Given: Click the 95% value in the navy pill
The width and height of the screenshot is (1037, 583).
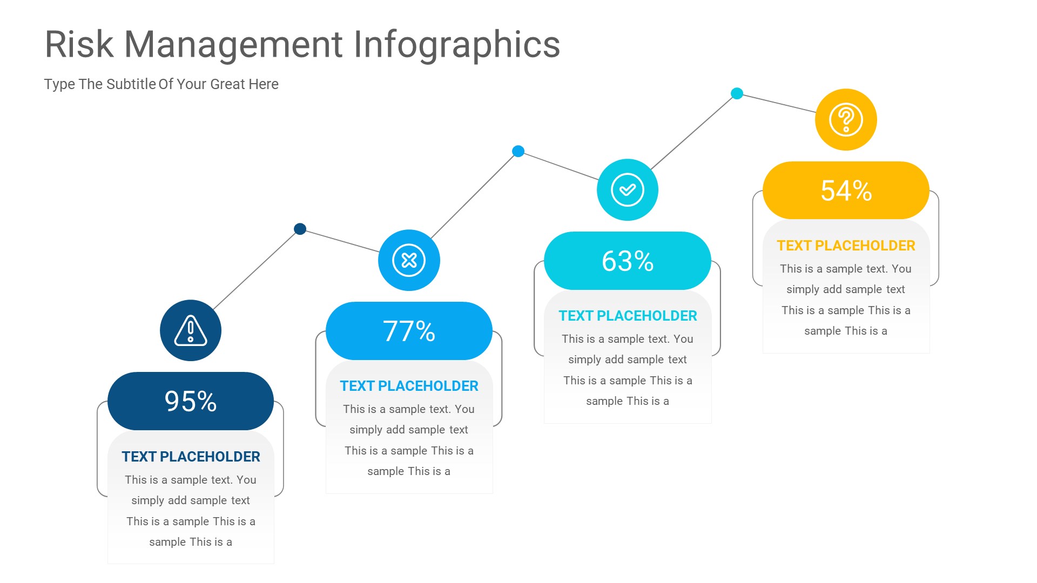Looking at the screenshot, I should pos(191,402).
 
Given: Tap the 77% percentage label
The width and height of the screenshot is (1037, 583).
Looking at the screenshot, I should pos(409,331).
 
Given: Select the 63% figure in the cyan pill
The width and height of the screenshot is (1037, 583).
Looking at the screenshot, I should pos(628,261).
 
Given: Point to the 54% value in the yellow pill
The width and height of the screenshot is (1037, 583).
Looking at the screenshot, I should pos(846,191).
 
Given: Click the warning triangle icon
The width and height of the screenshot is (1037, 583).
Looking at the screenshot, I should pos(191,330).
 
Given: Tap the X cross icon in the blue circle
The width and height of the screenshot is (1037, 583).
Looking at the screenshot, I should pos(409,260).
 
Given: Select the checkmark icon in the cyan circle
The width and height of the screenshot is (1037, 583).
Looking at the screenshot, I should pos(628,189).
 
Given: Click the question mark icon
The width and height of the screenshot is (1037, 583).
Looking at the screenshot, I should pos(846,119).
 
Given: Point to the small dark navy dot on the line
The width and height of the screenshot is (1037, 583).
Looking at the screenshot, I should pos(300,229).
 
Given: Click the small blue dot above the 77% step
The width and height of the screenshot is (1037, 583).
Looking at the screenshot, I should pos(518,151).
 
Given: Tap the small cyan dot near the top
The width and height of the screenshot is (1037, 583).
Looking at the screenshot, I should pos(737,93).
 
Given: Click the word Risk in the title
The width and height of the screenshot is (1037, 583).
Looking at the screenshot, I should pos(79,44).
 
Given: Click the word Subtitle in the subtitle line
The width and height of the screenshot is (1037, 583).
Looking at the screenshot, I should pos(131,84).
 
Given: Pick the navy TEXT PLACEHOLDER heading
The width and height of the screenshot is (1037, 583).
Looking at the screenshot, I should pos(191,457).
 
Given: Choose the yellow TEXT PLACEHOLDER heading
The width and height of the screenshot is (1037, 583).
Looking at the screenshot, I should pos(846,246).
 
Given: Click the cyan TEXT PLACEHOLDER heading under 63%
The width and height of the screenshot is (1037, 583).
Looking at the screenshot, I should pos(628,316).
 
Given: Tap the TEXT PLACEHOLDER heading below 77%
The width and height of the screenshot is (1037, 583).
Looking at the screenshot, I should pos(409,386).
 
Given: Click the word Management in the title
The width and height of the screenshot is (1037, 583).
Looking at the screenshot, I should pos(233,44).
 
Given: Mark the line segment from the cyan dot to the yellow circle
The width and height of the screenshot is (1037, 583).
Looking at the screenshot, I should pos(778,103).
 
